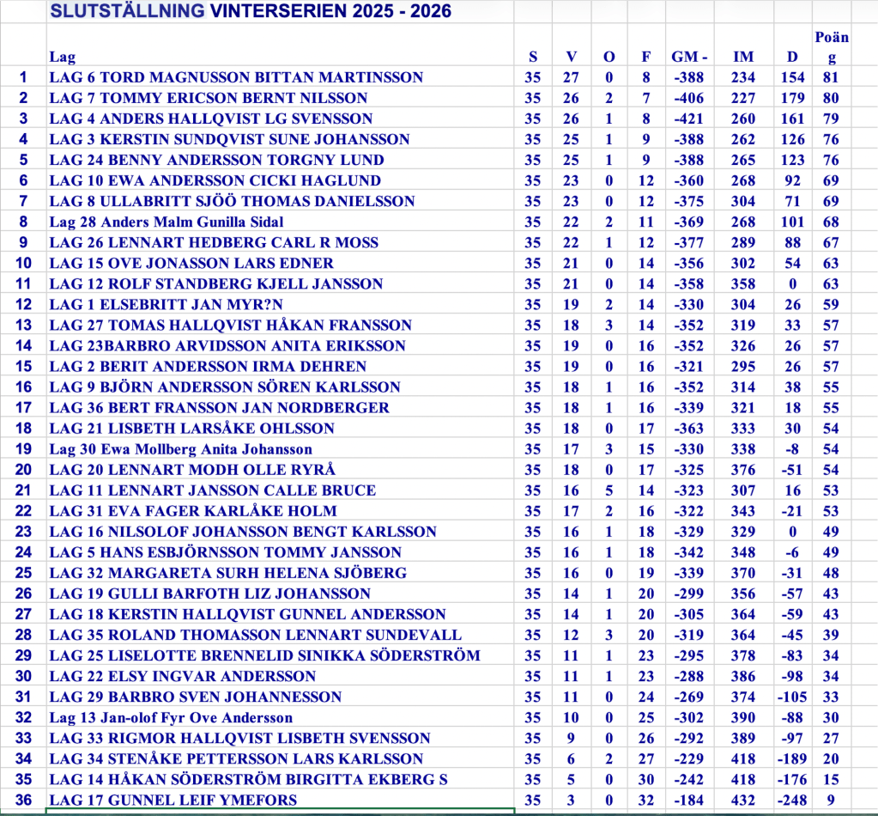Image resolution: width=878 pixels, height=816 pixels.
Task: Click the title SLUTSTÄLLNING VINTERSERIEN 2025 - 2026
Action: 251,11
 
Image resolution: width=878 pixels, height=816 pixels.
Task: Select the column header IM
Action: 743,57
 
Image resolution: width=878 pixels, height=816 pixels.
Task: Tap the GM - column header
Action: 689,57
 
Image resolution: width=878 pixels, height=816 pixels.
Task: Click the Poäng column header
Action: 831,47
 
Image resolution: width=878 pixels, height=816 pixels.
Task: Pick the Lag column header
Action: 62,57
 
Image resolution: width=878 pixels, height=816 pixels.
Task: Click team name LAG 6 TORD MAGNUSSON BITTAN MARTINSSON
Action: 236,77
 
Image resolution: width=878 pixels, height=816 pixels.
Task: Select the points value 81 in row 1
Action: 831,77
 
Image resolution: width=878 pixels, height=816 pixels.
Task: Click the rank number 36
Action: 23,800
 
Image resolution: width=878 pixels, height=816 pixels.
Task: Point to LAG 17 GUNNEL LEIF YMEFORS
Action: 173,800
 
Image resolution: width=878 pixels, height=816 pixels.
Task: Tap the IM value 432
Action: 743,800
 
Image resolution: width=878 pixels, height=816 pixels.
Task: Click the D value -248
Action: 792,800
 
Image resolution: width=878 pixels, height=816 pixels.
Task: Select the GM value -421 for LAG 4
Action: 688,119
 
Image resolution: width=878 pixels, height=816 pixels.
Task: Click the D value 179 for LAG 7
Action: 793,98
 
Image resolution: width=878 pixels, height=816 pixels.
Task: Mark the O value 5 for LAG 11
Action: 609,490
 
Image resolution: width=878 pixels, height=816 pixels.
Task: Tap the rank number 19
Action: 23,448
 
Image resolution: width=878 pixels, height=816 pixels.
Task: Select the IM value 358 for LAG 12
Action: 743,283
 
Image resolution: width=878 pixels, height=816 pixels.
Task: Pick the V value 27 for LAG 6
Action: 572,77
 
